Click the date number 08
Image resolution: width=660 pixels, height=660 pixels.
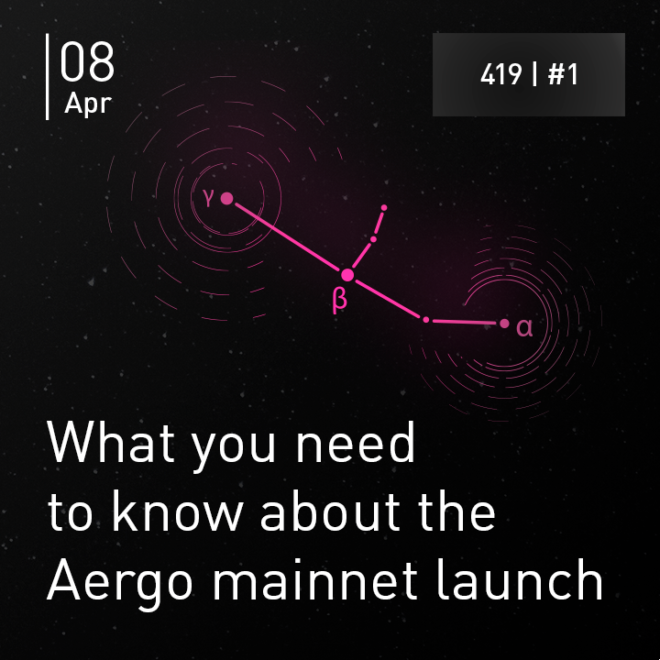coord(87,61)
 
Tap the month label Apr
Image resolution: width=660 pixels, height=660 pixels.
coord(88,104)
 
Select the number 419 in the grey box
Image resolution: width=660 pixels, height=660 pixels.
coord(501,74)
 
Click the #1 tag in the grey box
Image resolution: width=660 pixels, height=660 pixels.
coord(563,74)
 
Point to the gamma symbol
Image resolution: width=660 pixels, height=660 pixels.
coord(208,197)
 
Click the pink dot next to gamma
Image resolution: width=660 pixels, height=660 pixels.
coord(227,198)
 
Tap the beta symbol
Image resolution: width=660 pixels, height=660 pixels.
coord(340,300)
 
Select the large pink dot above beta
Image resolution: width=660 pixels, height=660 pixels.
coord(347,275)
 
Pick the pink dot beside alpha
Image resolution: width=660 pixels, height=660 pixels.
coord(504,324)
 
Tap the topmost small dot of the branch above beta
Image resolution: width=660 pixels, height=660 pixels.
coord(384,207)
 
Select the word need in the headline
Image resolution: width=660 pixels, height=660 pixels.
coord(356,442)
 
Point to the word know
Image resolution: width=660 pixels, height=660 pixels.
coord(177,511)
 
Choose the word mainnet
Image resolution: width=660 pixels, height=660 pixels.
coord(314,580)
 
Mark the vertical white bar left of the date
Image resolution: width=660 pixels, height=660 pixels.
coord(47,77)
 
